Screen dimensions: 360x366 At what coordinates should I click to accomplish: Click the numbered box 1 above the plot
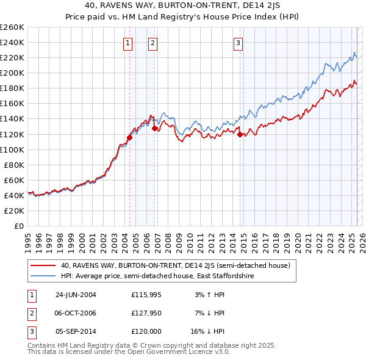127,43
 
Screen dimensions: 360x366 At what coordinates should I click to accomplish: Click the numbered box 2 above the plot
152,43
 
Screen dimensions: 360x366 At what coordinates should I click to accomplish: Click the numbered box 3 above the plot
238,43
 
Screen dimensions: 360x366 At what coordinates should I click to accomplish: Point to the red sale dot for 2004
130,137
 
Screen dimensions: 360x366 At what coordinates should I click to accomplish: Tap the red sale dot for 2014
240,134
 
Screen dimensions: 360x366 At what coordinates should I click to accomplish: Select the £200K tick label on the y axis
12,73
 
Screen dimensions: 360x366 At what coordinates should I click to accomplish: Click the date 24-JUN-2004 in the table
76,295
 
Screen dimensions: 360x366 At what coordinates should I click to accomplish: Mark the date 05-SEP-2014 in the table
76,331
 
